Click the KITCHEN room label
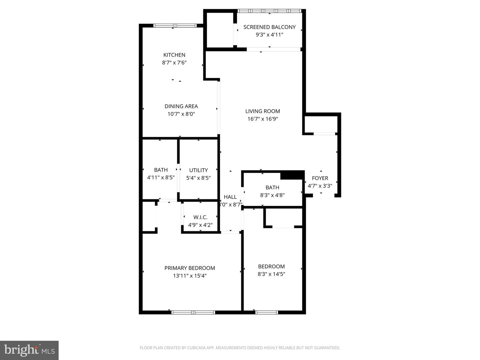click(174, 55)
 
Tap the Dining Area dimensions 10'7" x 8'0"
click(181, 114)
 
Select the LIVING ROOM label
click(263, 111)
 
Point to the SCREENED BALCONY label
click(269, 27)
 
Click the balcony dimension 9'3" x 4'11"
click(269, 35)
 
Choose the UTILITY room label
click(198, 170)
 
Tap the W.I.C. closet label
click(200, 217)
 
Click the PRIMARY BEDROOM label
click(190, 268)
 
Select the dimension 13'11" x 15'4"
click(190, 276)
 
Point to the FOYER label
click(320, 178)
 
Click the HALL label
click(230, 197)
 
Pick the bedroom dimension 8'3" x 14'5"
click(271, 274)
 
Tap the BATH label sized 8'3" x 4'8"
click(272, 188)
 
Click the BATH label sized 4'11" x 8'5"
click(161, 170)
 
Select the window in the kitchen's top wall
click(175, 26)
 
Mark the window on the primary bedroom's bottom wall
click(193, 312)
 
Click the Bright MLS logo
click(29, 350)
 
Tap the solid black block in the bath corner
click(292, 175)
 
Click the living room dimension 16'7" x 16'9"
click(263, 119)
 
